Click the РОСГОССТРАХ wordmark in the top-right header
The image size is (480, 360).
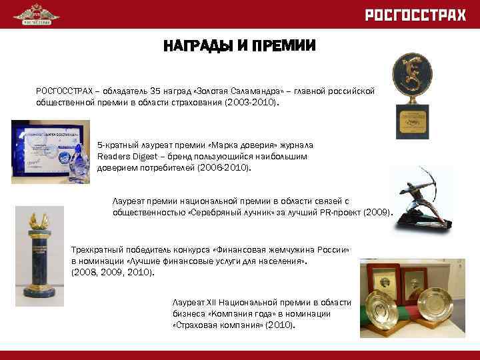pos(415,15)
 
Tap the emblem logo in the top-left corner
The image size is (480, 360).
pos(36,14)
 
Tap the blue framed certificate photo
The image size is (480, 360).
pos(51,151)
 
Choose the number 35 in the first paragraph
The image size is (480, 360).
pos(156,90)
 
